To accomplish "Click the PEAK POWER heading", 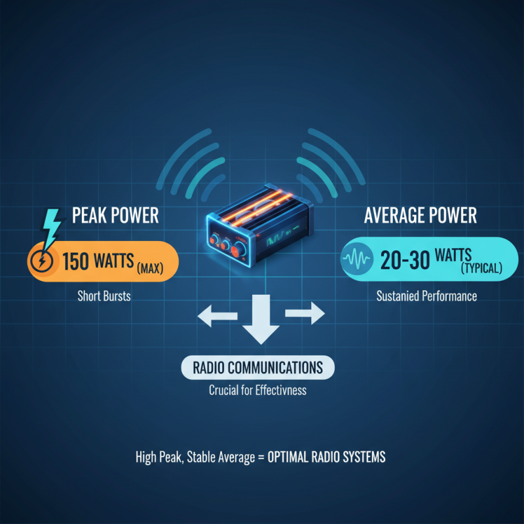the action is [x=115, y=215].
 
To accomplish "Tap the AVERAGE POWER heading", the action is [x=421, y=215].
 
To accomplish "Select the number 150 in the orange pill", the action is [x=76, y=261].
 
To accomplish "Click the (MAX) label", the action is [x=150, y=268].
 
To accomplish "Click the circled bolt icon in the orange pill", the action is [x=42, y=260].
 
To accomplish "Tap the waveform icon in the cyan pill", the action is [x=356, y=259].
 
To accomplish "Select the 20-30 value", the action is [x=405, y=260].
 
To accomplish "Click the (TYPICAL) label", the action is [x=481, y=268].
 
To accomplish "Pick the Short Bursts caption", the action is [x=104, y=296].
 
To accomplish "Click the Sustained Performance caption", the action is [x=427, y=296].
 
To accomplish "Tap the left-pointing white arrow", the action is [x=217, y=314].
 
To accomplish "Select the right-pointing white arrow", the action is [x=305, y=313].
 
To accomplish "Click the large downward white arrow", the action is [x=261, y=319].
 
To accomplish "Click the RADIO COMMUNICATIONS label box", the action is [x=257, y=367].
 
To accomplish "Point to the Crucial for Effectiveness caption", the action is [x=257, y=390].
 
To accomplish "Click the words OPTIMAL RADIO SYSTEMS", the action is [x=326, y=457].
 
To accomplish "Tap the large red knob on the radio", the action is [x=239, y=250].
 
